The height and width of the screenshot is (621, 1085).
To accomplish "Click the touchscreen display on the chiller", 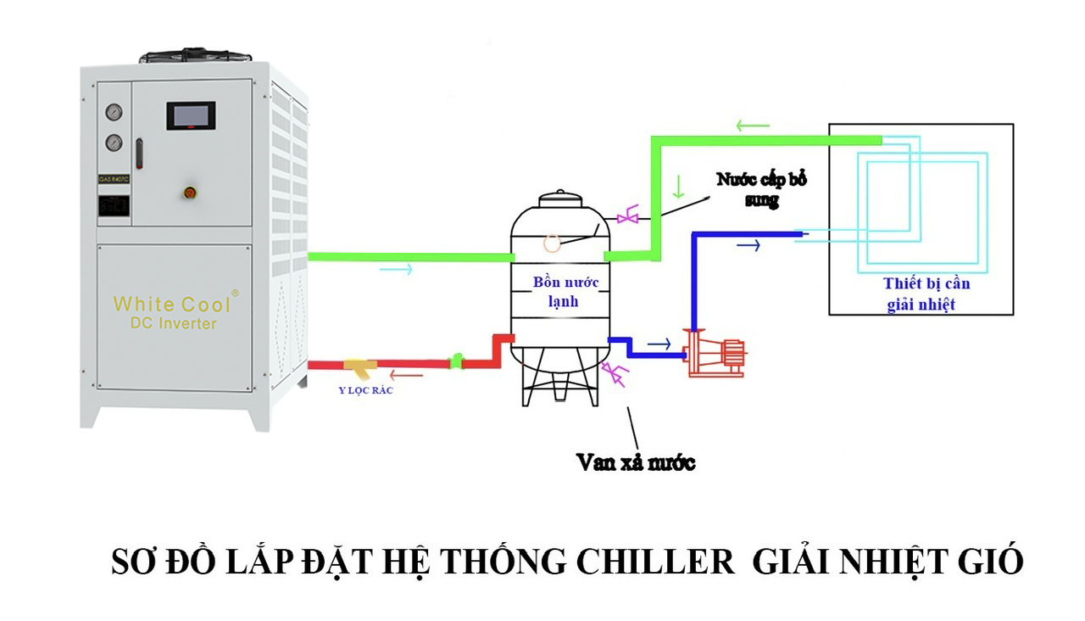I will tap(191, 115).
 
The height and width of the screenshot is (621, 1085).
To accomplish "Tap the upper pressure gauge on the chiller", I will tap(113, 112).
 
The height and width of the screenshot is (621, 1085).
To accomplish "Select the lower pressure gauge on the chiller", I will tap(113, 143).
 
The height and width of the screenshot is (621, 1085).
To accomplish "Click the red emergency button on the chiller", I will tap(188, 193).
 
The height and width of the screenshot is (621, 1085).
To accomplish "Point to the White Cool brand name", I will tap(173, 304).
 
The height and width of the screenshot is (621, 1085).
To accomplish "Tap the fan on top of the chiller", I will tap(195, 56).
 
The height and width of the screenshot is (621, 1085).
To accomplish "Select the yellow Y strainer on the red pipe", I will tap(360, 367).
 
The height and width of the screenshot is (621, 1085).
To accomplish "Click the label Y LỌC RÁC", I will tap(365, 391).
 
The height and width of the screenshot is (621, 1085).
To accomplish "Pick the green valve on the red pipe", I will tap(457, 362).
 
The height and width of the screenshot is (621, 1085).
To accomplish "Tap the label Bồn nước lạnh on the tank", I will tap(559, 291).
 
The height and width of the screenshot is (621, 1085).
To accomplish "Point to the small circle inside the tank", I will tap(552, 243).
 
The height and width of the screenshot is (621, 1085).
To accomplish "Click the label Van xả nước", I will tap(635, 462).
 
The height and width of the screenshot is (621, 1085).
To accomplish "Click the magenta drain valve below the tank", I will tap(612, 372).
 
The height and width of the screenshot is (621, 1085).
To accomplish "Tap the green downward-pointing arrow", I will tap(677, 186).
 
